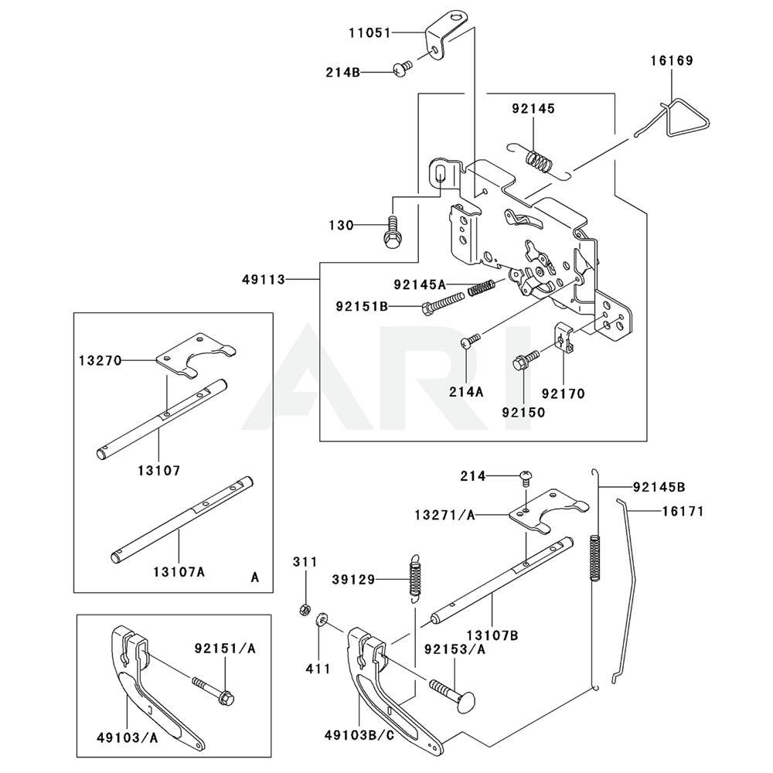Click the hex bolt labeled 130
pos(391,229)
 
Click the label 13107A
pos(179,573)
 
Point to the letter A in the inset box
pos(255,577)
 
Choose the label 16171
pos(682,511)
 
